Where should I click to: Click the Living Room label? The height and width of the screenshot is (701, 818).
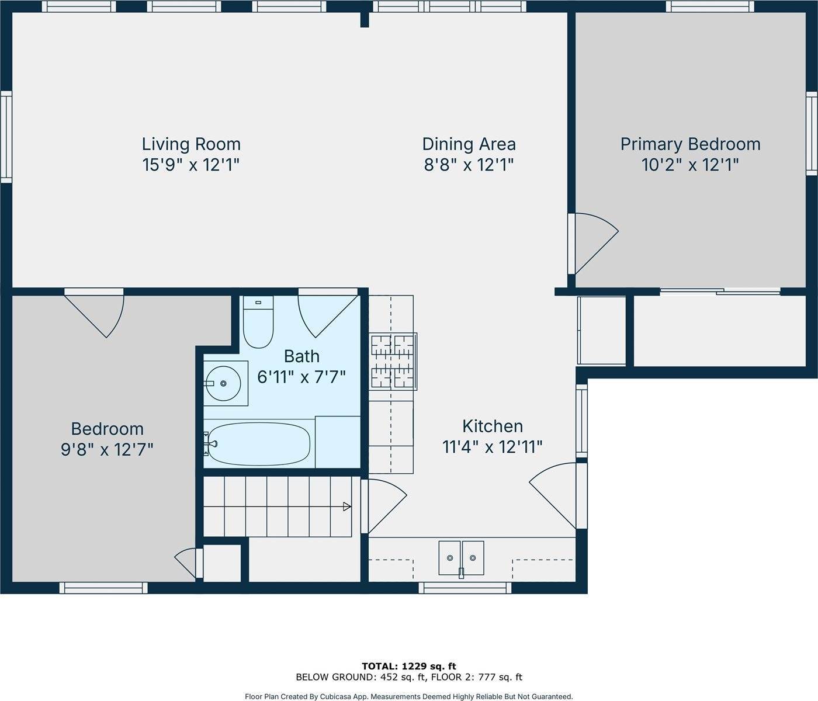[x=191, y=144]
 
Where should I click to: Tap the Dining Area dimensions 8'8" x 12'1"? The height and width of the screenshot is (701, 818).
[x=469, y=165]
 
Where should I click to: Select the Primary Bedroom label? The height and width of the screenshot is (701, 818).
[x=690, y=144]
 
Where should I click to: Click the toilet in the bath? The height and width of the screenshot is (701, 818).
[x=258, y=324]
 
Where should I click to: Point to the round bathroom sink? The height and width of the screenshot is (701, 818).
[x=224, y=384]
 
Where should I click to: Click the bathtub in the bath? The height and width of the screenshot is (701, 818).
[x=259, y=444]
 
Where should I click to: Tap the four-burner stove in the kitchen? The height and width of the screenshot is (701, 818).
[x=393, y=361]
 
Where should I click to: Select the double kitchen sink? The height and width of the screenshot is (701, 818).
[x=462, y=557]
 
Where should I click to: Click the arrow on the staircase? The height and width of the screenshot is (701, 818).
[x=346, y=506]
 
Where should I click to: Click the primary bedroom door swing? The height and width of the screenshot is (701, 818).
[x=593, y=242]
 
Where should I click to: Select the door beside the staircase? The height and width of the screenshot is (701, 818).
[x=383, y=505]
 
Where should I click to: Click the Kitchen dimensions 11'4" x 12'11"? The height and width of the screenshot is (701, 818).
[x=492, y=447]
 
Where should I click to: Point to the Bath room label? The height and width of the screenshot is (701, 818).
[x=301, y=356]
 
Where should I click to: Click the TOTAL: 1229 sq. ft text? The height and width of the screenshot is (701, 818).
[x=408, y=666]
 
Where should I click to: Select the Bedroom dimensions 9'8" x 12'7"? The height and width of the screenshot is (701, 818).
[x=107, y=449]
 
